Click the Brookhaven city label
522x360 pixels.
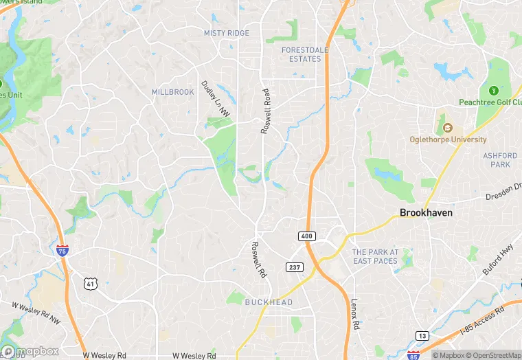(x=426, y=213)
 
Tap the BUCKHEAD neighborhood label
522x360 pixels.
(x=269, y=302)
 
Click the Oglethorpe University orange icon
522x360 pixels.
(x=447, y=128)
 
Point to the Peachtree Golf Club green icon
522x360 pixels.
(x=492, y=91)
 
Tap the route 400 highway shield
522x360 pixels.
(x=306, y=236)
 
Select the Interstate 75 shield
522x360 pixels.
(x=63, y=250)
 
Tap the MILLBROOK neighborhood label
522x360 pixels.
(x=173, y=92)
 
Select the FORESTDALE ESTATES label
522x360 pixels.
(x=302, y=54)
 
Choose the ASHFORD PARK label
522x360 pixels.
(x=500, y=160)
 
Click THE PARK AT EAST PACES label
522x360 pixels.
(x=375, y=257)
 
